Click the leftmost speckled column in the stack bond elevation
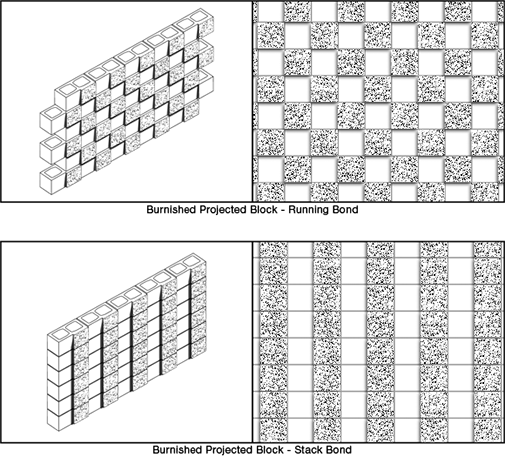coord(273,342)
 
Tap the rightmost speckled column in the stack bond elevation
coord(488,342)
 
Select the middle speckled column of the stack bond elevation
coord(380,342)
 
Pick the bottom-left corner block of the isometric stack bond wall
coord(59,420)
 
